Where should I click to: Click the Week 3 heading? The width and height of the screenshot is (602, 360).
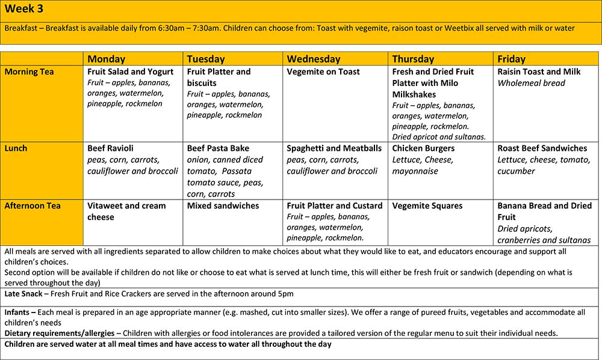pos(25,9)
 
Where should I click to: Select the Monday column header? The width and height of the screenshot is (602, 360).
pos(107,59)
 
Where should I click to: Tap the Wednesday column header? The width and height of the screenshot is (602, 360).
pos(313,59)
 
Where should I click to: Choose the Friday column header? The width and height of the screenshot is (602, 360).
pos(511,59)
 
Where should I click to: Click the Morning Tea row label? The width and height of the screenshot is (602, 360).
pos(29,72)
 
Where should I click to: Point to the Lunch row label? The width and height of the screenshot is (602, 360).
pos(17,148)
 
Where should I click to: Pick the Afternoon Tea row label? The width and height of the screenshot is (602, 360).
pos(33,206)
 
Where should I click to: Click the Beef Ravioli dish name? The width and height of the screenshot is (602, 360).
pos(110,148)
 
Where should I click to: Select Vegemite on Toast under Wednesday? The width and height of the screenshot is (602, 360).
pos(323,72)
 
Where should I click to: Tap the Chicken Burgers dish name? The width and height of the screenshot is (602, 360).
pos(423,148)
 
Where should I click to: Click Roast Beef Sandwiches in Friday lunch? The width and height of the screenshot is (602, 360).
pos(542,148)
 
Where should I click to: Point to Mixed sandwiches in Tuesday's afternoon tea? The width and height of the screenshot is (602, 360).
pos(223,206)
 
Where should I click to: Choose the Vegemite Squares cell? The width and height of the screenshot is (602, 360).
pos(427,206)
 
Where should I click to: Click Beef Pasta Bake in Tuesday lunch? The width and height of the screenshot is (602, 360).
pos(218,148)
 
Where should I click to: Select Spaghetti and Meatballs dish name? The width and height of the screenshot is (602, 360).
pos(334,148)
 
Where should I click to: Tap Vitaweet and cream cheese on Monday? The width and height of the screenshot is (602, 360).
pos(126,211)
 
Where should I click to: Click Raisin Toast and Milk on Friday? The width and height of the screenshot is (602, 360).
pos(539,72)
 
